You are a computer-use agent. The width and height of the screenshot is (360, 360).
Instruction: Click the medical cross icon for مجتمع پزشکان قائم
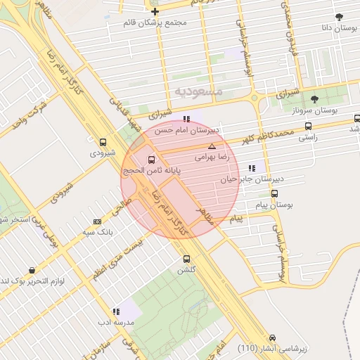155,11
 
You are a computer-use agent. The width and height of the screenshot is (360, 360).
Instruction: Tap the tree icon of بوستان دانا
340,17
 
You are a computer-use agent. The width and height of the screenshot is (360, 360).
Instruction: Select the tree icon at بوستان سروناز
314,98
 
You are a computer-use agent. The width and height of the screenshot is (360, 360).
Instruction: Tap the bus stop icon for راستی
308,127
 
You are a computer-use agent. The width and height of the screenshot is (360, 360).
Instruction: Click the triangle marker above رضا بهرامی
212,146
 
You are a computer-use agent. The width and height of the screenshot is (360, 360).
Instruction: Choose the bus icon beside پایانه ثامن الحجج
152,160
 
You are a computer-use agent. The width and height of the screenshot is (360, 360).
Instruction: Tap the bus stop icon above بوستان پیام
275,194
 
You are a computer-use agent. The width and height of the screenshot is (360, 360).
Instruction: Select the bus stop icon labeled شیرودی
103,141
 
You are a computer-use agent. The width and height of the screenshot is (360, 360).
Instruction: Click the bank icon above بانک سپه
97,221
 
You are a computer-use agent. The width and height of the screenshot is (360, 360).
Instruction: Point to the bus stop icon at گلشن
186,259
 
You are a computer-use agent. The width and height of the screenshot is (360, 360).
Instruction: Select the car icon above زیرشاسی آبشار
273,337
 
